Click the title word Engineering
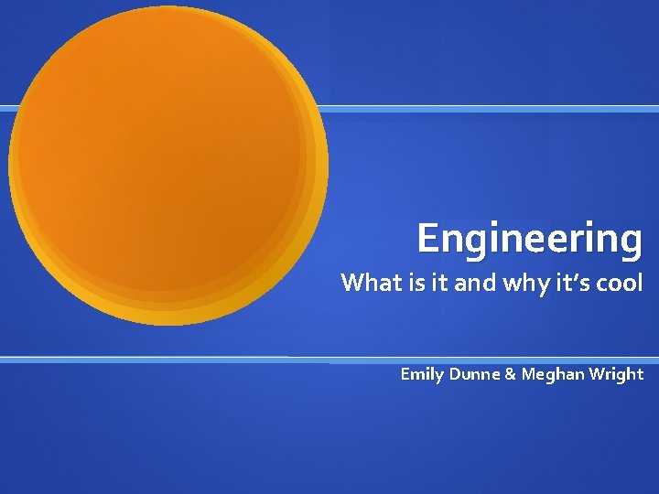pyautogui.click(x=530, y=239)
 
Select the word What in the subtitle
pyautogui.click(x=367, y=284)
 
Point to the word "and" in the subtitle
pyautogui.click(x=474, y=284)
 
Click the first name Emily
pyautogui.click(x=422, y=374)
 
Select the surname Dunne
pyautogui.click(x=474, y=374)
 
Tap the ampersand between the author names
pyautogui.click(x=510, y=374)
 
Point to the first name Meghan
pyautogui.click(x=553, y=375)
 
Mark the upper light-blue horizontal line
pyautogui.click(x=494, y=109)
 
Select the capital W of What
pyautogui.click(x=352, y=284)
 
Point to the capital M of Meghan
pyautogui.click(x=529, y=374)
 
